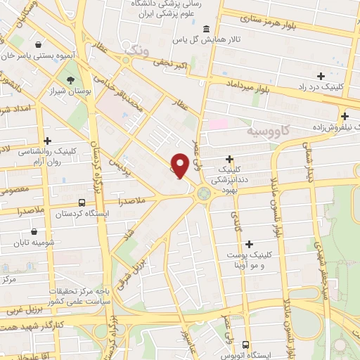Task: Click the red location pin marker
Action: [x=180, y=165]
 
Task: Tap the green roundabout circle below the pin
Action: [x=204, y=193]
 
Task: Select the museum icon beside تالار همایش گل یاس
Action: [x=205, y=29]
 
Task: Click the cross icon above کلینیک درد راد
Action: [x=321, y=75]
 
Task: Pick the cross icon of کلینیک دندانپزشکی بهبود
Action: [x=229, y=160]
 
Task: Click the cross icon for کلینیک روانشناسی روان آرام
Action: [x=47, y=141]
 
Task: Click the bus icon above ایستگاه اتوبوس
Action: [x=245, y=345]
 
